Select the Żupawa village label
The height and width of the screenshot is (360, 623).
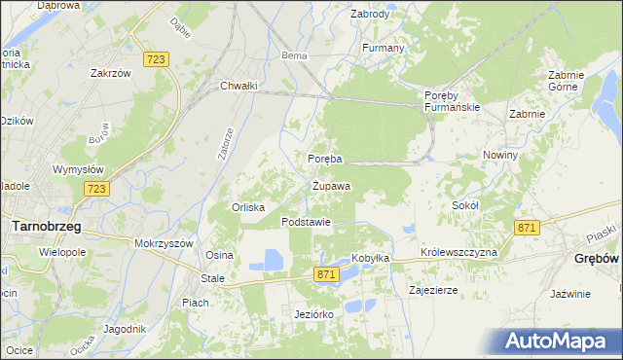[x=331, y=185]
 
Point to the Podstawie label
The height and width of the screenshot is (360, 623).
[x=307, y=222]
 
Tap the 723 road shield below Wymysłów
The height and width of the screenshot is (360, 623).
[x=94, y=189]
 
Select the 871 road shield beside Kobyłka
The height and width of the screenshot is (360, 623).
[x=327, y=275]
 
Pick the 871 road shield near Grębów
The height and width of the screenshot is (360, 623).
[x=527, y=227]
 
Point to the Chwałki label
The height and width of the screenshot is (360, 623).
[x=238, y=86]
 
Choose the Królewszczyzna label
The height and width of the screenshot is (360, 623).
[x=459, y=252]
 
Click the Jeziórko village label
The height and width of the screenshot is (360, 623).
[x=313, y=314]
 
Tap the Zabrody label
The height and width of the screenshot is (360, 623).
[x=370, y=15]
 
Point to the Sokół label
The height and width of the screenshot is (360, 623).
[x=465, y=205]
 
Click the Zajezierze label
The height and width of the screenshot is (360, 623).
[x=434, y=290]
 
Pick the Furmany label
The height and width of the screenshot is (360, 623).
[x=383, y=48]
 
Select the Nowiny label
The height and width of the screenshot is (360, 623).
[x=499, y=155]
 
